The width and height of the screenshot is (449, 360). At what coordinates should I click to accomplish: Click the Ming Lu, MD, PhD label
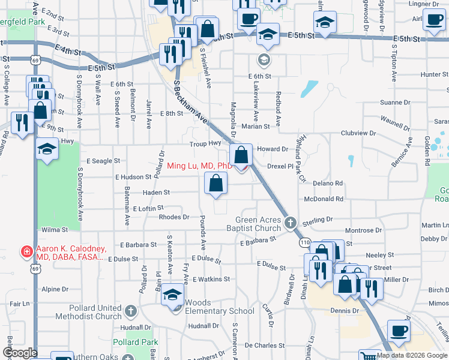[199, 166]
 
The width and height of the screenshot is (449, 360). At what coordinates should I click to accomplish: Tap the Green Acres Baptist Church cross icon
[291, 223]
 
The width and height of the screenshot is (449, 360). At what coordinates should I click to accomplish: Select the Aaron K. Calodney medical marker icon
[26, 251]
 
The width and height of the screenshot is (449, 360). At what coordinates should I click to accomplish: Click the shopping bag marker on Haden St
[216, 184]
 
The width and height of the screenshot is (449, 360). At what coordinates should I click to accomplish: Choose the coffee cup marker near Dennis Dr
[399, 331]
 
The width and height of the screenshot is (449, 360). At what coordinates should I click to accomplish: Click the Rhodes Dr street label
[174, 217]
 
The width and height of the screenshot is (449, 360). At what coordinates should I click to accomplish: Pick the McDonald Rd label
[324, 199]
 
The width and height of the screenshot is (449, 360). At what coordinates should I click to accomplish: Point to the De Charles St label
[265, 346]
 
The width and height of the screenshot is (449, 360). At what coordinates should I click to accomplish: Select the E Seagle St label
[103, 161]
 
